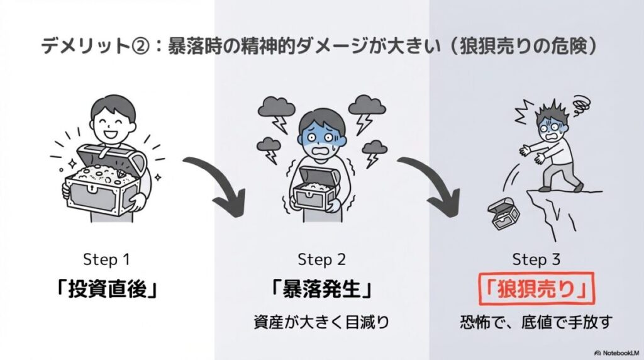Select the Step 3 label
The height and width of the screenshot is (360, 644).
[536, 260]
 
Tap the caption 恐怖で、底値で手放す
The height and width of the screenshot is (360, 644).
[536, 323]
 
